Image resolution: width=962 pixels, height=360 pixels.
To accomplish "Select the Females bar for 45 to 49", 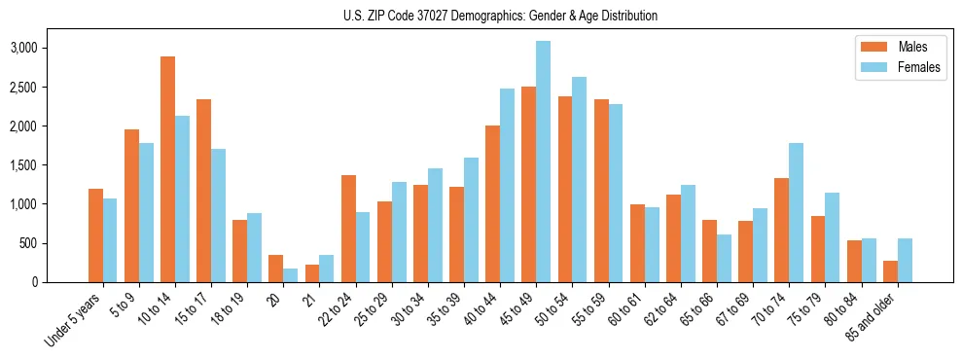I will (543, 162).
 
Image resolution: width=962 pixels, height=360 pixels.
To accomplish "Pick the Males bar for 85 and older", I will (890, 271).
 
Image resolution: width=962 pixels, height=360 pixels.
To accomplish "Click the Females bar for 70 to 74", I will (796, 212).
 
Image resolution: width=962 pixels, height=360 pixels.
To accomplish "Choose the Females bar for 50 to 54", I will (579, 179).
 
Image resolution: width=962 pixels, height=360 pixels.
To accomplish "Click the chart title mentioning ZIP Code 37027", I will (500, 16).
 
